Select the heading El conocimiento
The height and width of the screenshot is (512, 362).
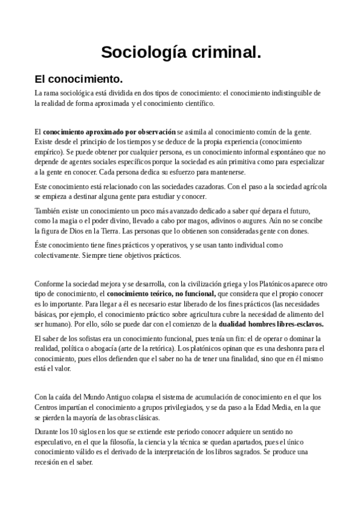tap(79, 79)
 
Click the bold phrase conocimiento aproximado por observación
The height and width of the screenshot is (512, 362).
tap(109, 131)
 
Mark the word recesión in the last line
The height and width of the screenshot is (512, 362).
tap(50, 460)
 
